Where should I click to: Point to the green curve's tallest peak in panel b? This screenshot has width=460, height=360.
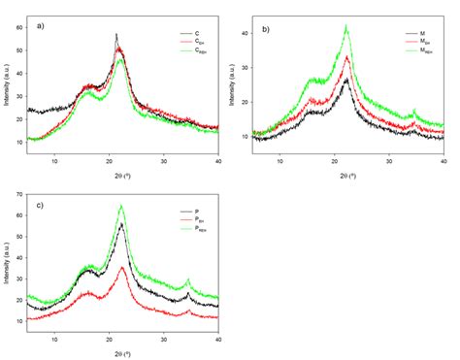[x=346, y=27]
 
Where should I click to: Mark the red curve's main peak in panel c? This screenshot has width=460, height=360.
[x=122, y=267]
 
